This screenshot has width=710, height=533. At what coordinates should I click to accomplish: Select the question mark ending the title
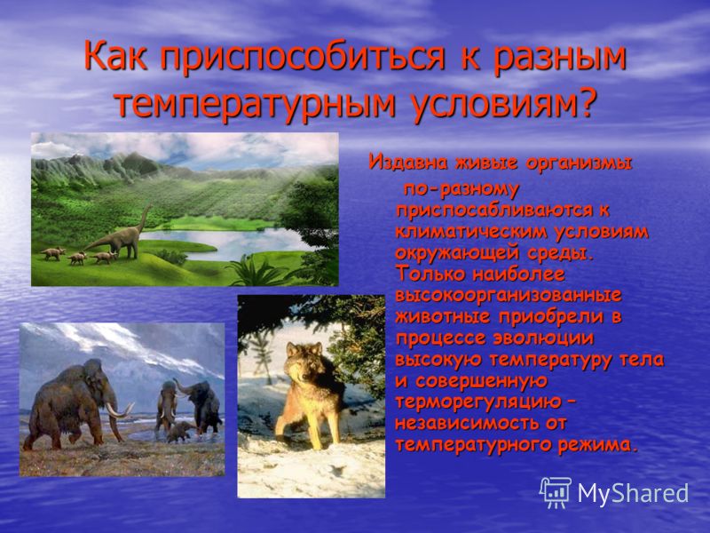[x=583, y=105]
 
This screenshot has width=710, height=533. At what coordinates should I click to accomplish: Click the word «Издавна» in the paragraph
[x=408, y=162]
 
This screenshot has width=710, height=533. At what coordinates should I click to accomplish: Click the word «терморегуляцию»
[x=478, y=402]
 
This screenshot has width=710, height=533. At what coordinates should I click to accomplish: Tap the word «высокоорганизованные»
[x=508, y=296]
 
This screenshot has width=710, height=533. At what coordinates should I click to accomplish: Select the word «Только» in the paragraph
[x=430, y=274]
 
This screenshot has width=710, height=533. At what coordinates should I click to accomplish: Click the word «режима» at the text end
[x=597, y=445]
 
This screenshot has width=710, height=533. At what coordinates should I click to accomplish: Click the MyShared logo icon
[x=556, y=493]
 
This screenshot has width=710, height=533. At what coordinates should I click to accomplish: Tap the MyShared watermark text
[x=633, y=493]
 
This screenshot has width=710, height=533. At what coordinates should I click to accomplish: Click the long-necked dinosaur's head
[x=148, y=207]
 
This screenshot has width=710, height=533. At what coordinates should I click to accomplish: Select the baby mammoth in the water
[x=178, y=432]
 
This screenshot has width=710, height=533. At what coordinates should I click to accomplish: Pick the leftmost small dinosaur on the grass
[x=52, y=253]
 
